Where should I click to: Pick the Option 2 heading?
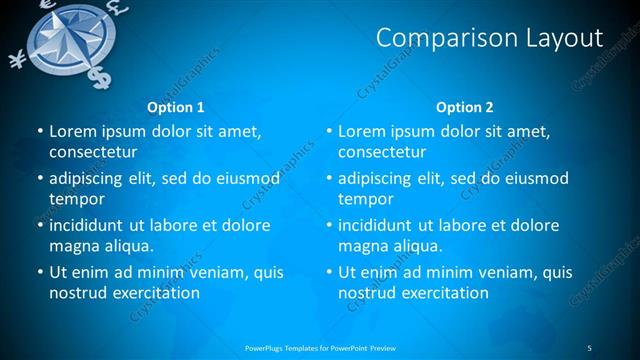click(464, 107)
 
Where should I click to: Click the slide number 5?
click(589, 347)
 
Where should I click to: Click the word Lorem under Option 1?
click(72, 132)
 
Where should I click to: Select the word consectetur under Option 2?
click(382, 153)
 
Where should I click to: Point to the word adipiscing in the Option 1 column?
click(91, 179)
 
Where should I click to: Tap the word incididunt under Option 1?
click(94, 225)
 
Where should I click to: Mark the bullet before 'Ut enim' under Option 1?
click(38, 272)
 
